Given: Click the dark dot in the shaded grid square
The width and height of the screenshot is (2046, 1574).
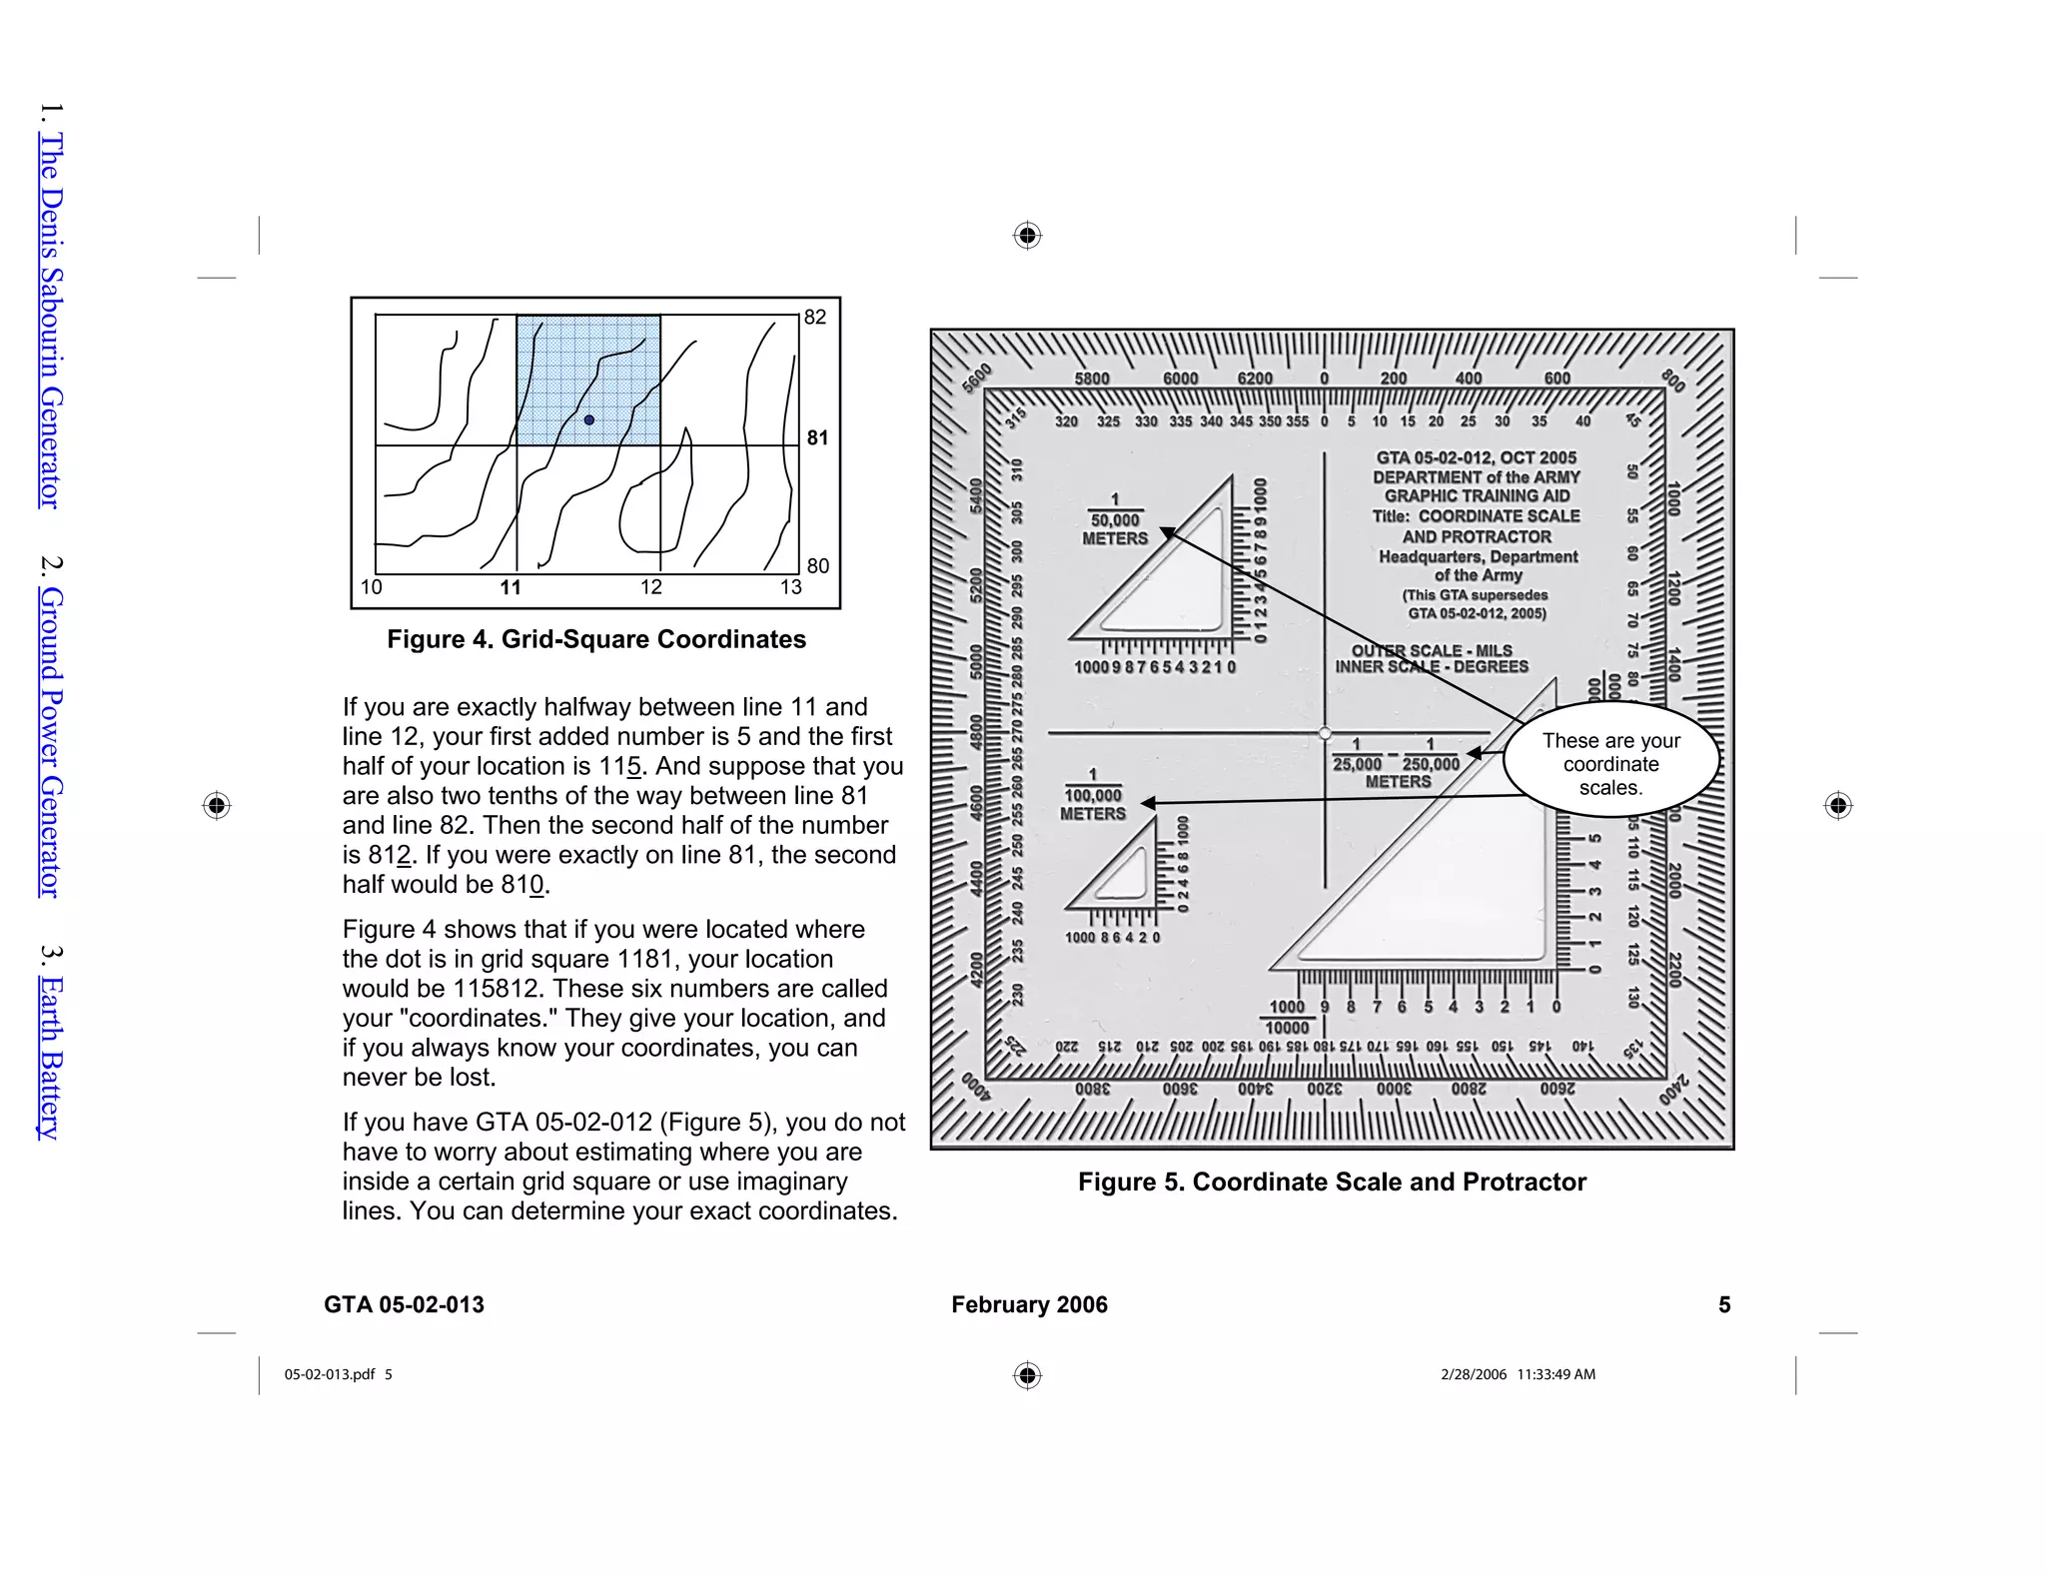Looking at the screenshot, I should [x=589, y=420].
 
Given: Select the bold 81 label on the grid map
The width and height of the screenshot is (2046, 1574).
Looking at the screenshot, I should [x=817, y=437].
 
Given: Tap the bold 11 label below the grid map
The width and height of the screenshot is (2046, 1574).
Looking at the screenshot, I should [x=511, y=587].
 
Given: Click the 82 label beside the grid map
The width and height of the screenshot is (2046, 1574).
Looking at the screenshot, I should [x=815, y=318].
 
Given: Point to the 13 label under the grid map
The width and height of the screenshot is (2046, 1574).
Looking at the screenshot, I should [x=791, y=587].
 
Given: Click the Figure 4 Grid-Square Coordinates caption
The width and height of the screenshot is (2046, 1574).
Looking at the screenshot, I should [x=596, y=639].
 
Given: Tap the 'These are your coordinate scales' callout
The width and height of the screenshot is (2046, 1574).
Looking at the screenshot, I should [x=1610, y=764].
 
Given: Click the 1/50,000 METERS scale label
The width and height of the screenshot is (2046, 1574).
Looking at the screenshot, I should [x=1115, y=520].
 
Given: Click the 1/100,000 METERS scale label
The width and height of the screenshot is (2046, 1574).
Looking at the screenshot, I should [x=1093, y=796].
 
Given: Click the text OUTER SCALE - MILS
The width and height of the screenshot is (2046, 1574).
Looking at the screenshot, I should [x=1432, y=650].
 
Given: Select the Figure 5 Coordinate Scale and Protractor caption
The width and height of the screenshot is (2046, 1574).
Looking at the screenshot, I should [x=1332, y=1182].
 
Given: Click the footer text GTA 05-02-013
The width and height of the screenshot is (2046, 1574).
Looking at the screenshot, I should [x=404, y=1305].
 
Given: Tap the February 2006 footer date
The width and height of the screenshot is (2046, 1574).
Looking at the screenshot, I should [x=1029, y=1305].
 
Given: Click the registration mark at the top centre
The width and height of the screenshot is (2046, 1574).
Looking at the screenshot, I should [x=1027, y=236].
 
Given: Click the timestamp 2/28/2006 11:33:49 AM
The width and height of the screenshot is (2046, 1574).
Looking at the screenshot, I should [x=1518, y=1374].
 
